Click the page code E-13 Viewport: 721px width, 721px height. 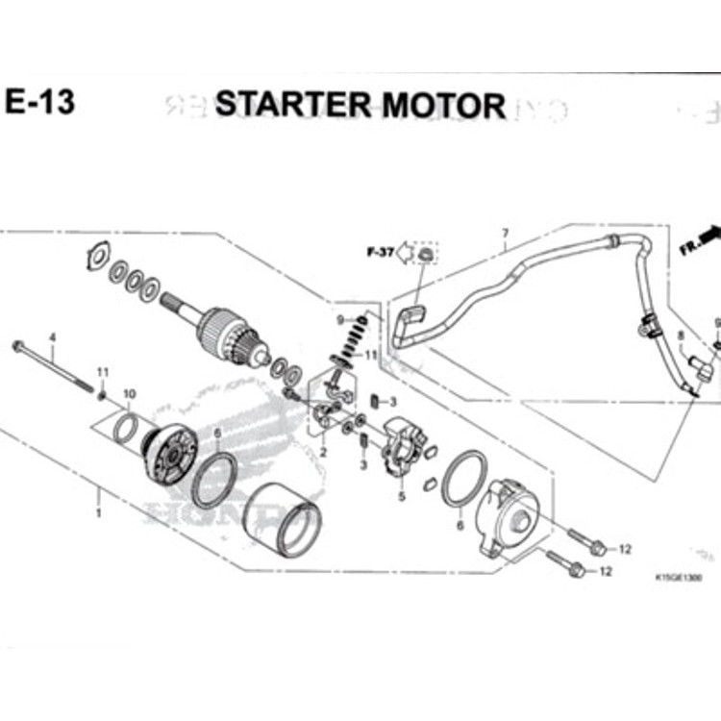(x=39, y=102)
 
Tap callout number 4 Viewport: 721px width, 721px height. (x=53, y=337)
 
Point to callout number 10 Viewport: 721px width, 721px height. (x=130, y=394)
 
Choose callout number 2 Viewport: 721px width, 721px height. (x=324, y=452)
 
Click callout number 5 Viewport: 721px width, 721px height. (x=402, y=497)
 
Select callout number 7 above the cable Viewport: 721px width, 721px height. (x=505, y=233)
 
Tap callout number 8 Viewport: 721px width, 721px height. (x=681, y=336)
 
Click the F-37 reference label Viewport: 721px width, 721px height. (x=380, y=253)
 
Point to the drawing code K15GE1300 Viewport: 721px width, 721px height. (x=677, y=579)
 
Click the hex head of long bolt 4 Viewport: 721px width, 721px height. (x=17, y=345)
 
